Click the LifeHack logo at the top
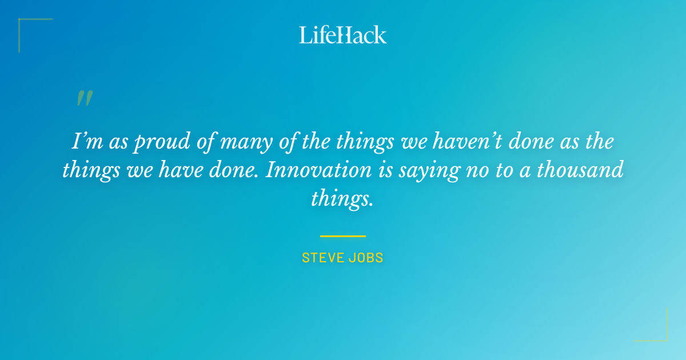pyautogui.click(x=343, y=35)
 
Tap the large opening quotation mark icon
pyautogui.click(x=85, y=98)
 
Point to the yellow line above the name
pyautogui.click(x=343, y=235)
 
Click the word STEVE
pyautogui.click(x=322, y=258)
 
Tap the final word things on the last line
pyautogui.click(x=342, y=199)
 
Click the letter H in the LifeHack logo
pyautogui.click(x=345, y=35)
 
